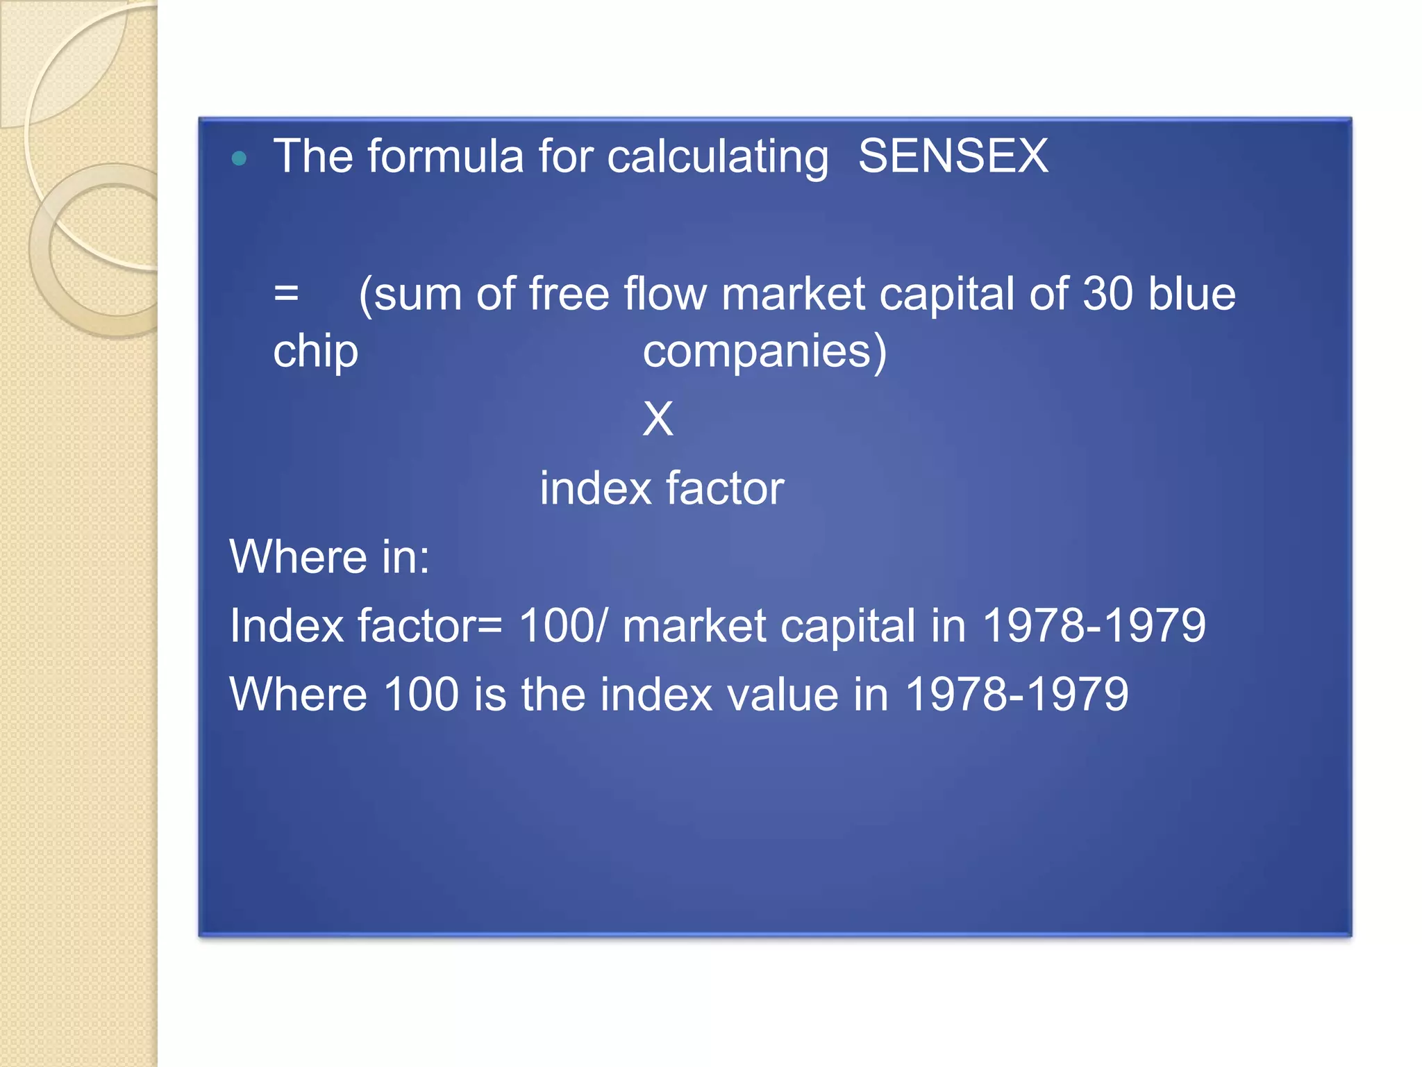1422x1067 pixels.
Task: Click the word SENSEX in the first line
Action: click(x=953, y=156)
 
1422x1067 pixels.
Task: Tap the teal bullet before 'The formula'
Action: click(x=239, y=158)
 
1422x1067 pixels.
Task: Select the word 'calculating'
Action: click(x=717, y=157)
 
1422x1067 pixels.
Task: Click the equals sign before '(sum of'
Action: click(x=286, y=293)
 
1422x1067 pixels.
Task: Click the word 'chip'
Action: click(x=315, y=351)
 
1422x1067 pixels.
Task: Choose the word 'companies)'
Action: click(x=764, y=351)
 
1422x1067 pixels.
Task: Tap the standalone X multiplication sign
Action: click(x=658, y=419)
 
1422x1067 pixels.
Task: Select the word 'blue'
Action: click(x=1191, y=293)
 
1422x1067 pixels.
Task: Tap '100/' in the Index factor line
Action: click(x=562, y=625)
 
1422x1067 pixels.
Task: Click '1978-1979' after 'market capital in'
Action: click(x=1094, y=625)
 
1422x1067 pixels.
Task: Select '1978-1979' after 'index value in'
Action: click(x=1017, y=694)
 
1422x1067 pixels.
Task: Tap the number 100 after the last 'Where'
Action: click(x=421, y=694)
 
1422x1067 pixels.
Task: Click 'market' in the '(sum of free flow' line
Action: click(x=793, y=293)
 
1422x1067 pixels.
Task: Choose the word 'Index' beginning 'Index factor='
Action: click(x=286, y=625)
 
